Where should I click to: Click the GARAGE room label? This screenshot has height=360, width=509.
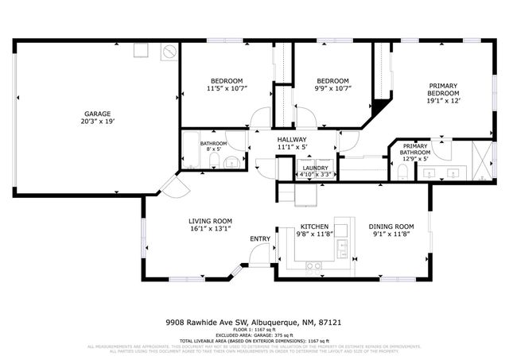[x=97, y=114]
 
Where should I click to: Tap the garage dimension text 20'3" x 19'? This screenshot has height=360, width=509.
[x=97, y=122]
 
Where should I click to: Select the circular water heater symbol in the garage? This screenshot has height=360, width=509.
[x=169, y=52]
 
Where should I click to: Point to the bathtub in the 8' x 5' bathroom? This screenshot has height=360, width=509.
[x=191, y=149]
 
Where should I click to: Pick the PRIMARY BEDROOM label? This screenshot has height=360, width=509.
[x=443, y=90]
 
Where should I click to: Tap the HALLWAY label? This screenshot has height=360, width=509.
[x=292, y=139]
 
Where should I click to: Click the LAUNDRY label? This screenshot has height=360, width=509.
[x=314, y=167]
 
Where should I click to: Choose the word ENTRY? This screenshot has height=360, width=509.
[x=260, y=238]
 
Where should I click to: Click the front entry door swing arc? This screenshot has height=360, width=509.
[x=258, y=254]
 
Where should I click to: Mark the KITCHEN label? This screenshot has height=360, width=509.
[x=309, y=226]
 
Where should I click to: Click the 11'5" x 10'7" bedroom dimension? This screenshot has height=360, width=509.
[x=226, y=89]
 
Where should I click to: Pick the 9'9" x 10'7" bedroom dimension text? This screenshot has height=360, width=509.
[x=332, y=89]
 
